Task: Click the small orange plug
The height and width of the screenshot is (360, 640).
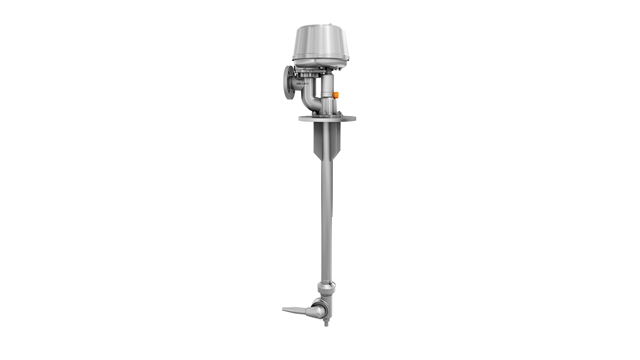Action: point(336,96)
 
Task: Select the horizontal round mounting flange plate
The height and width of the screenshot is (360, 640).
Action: point(327,118)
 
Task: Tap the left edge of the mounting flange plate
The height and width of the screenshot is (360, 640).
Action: point(301,118)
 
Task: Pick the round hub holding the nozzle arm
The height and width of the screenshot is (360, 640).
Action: point(317,310)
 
